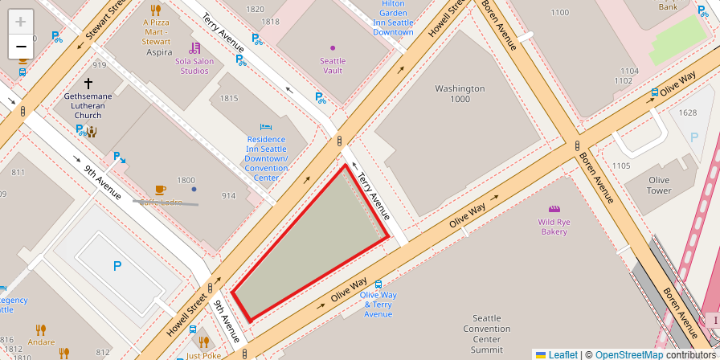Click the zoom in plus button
(x=21, y=22)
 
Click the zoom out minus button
(x=21, y=47)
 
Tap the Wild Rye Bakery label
(x=554, y=226)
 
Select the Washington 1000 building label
(x=460, y=93)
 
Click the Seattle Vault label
(x=333, y=66)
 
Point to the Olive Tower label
(x=659, y=185)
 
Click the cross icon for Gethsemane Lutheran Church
(x=88, y=83)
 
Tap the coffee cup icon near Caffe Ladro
(x=160, y=190)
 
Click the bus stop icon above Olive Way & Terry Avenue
(x=378, y=284)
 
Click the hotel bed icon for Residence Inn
(x=266, y=127)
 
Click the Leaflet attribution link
(x=562, y=354)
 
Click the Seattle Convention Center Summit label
(x=486, y=333)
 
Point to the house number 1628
(x=688, y=112)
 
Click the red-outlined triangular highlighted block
(x=313, y=249)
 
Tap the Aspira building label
(x=159, y=52)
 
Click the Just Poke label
(x=203, y=355)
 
